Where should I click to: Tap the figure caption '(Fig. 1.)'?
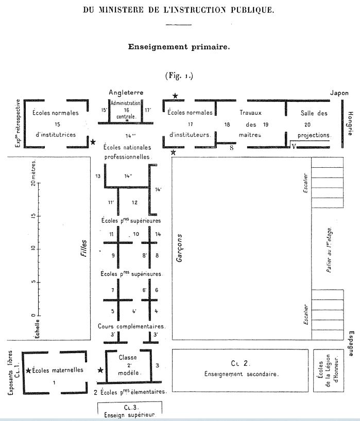pyautogui.click(x=179, y=76)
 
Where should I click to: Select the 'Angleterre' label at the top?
pyautogui.click(x=126, y=93)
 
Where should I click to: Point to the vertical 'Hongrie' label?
pyautogui.click(x=350, y=124)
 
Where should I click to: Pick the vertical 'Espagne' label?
pyautogui.click(x=350, y=344)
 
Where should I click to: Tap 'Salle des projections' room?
pyautogui.click(x=314, y=124)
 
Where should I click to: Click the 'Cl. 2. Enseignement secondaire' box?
pyautogui.click(x=240, y=369)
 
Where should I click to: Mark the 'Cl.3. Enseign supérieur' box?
pyautogui.click(x=130, y=410)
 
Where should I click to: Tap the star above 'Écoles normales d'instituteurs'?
pyautogui.click(x=176, y=96)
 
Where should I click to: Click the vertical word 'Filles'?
pyautogui.click(x=84, y=247)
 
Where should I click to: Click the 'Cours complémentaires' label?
pyautogui.click(x=131, y=326)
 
